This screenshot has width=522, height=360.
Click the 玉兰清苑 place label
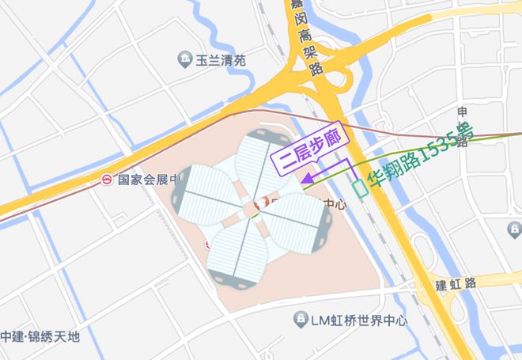coord(221,60)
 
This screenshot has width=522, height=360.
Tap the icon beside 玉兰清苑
coord(184,59)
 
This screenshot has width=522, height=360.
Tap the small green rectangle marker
coord(360,188)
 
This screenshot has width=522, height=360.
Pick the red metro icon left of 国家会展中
coord(107,180)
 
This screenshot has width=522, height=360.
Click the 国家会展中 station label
coord(145,180)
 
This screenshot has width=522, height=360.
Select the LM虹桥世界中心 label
coord(358,320)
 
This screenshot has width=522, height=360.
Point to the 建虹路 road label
coord(457,282)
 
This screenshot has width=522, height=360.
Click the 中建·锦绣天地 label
coord(40,336)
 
